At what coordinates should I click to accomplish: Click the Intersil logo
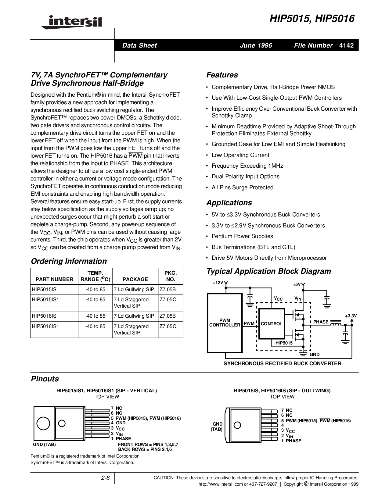72,22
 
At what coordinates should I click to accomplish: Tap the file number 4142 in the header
346,45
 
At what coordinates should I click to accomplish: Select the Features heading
222,75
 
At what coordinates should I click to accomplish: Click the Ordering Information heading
69,261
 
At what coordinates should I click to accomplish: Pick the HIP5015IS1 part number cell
45,299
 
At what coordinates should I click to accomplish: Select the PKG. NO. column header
171,276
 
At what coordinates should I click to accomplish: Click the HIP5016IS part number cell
44,316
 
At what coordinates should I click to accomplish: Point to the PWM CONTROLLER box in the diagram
225,323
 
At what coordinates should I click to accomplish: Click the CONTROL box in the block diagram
272,324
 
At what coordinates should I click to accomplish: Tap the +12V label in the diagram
218,283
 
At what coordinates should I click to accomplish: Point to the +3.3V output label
351,316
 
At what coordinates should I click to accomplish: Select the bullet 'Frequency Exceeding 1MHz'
247,166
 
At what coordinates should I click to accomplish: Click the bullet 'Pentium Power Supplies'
242,236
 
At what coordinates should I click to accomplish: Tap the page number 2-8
105,478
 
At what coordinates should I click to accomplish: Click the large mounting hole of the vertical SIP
43,423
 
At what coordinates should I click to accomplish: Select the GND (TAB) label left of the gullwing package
218,426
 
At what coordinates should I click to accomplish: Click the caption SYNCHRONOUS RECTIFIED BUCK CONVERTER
282,363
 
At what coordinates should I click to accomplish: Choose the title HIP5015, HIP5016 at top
312,19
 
